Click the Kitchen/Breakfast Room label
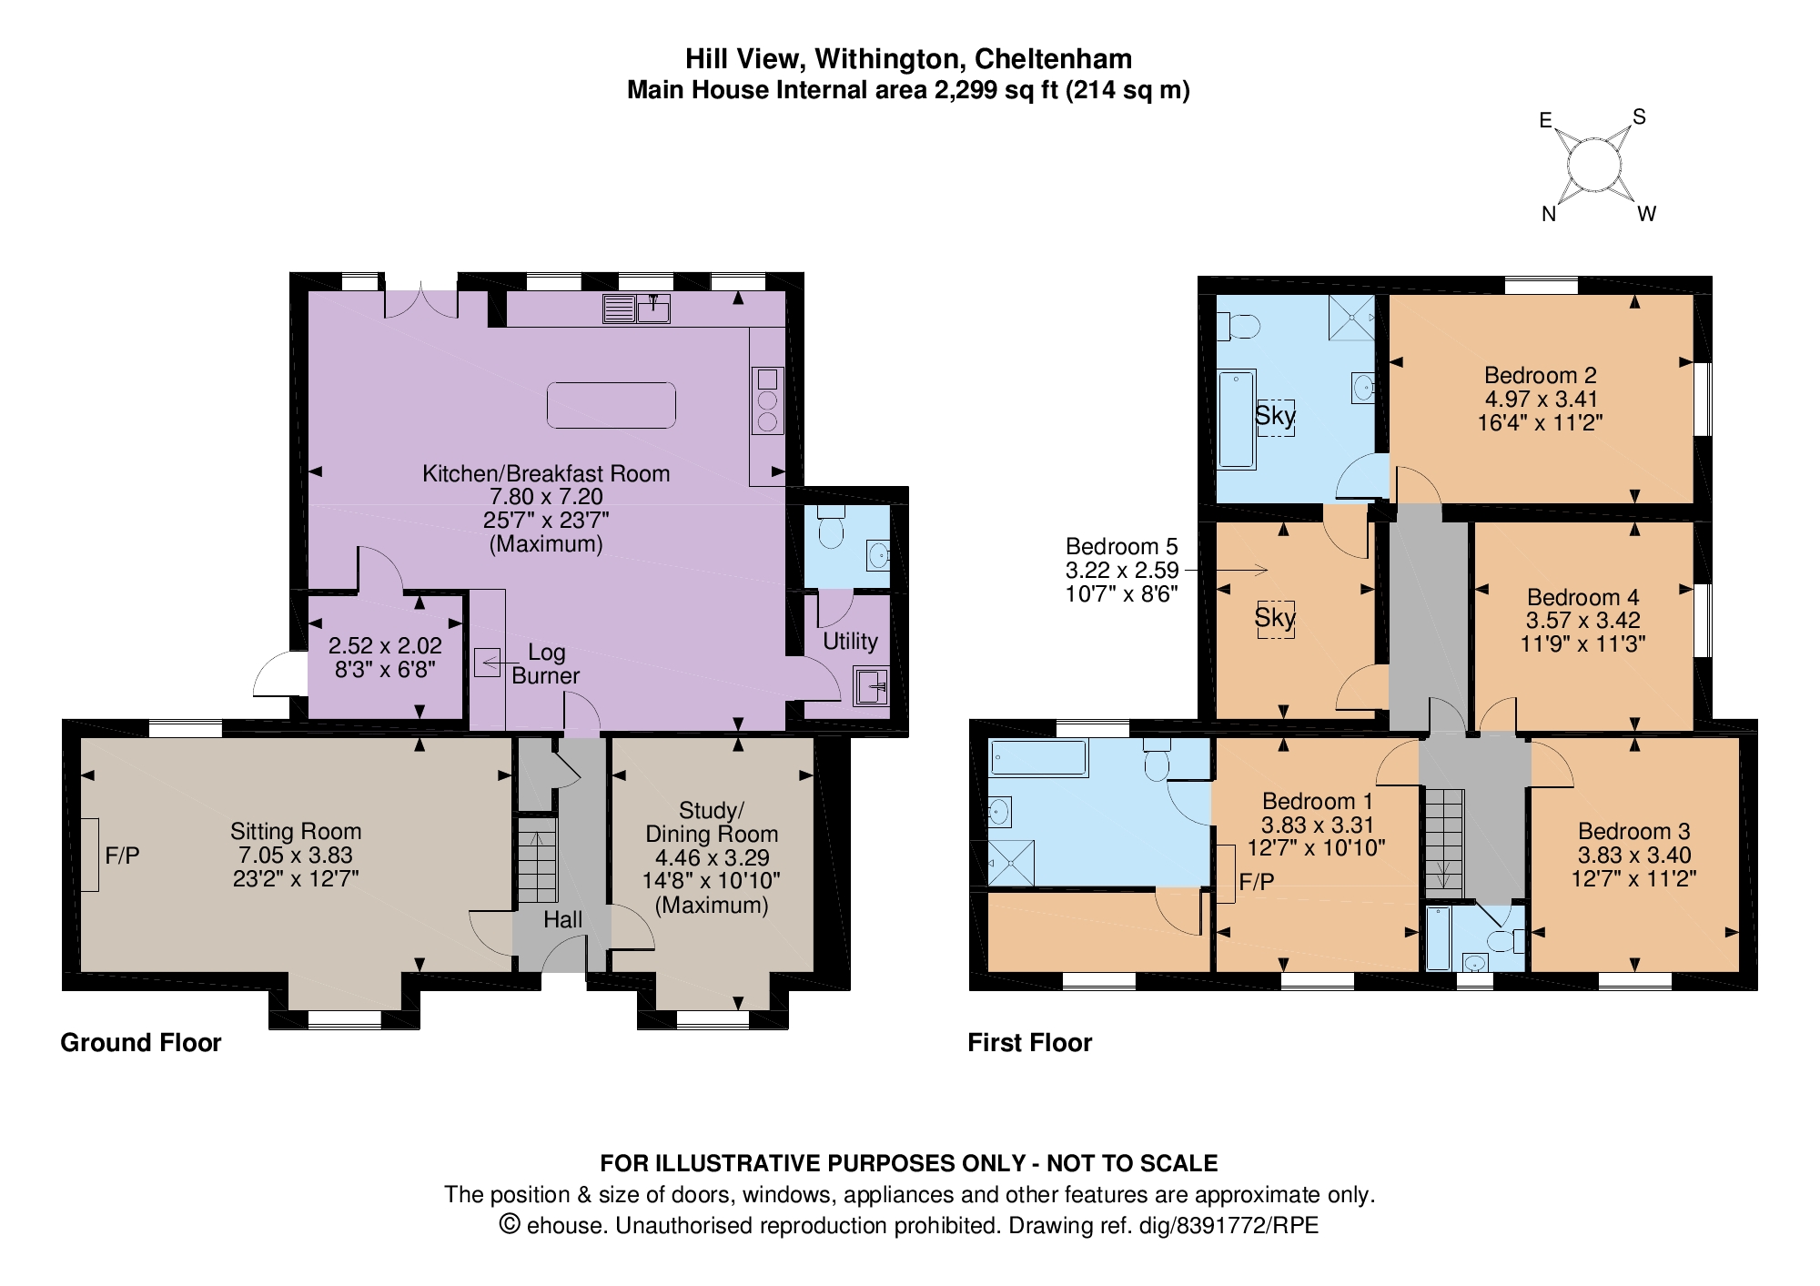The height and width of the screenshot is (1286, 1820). point(546,473)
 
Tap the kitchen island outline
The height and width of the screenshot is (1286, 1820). point(611,405)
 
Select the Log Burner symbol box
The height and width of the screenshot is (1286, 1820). point(487,662)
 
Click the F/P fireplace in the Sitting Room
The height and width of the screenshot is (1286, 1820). point(89,855)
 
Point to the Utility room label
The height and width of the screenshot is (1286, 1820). point(850,641)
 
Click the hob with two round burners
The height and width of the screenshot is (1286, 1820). point(767,400)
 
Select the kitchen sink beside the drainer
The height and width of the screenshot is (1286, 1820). point(653,309)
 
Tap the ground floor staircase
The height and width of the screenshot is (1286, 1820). point(537,859)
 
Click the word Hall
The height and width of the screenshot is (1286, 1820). point(562,919)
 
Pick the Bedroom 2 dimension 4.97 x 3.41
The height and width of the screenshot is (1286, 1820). point(1541,399)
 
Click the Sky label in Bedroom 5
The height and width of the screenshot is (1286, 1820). point(1274,618)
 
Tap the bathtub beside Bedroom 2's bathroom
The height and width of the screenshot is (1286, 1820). point(1237,419)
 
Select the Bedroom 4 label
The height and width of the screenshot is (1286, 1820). point(1582,597)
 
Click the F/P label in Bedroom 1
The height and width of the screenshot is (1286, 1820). point(1257,881)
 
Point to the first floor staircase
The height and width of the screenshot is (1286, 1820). point(1443,842)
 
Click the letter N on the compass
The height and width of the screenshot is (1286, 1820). point(1549,214)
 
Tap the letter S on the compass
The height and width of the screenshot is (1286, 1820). point(1639,116)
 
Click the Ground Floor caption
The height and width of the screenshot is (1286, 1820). point(141,1042)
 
